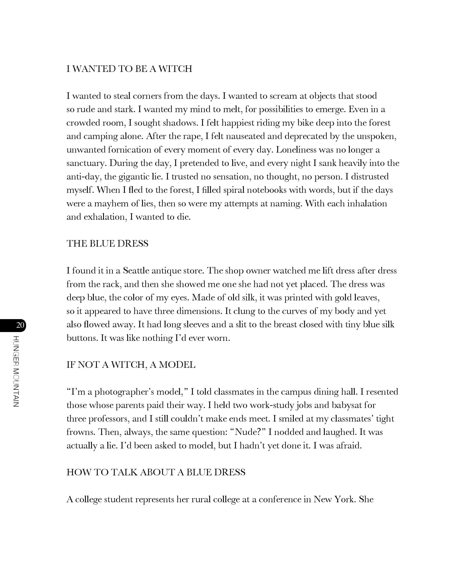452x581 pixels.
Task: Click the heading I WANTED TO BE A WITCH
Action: coord(129,69)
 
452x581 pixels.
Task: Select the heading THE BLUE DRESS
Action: coord(107,244)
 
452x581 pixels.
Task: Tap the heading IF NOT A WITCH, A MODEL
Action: coord(131,365)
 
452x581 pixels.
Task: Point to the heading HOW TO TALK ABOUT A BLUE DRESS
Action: coord(156,472)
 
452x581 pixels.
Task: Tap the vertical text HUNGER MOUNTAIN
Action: coord(16,371)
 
